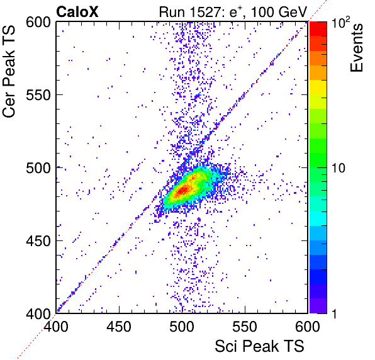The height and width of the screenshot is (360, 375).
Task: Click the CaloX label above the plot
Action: click(77, 12)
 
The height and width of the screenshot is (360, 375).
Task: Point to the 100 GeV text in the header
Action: click(279, 12)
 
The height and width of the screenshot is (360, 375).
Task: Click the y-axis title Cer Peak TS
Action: click(9, 71)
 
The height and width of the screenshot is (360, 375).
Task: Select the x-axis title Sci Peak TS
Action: click(259, 346)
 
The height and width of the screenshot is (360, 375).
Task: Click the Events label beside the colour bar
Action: click(356, 48)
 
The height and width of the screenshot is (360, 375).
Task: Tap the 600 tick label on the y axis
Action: click(38, 23)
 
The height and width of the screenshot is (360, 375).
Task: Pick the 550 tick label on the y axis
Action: click(38, 95)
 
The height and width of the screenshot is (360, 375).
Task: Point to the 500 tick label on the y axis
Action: click(38, 168)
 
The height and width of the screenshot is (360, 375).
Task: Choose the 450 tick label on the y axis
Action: click(38, 241)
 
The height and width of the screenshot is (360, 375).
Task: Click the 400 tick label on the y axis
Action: click(38, 313)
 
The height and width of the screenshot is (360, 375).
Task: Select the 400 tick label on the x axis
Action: click(56, 327)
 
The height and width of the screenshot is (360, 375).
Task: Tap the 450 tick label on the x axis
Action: click(119, 327)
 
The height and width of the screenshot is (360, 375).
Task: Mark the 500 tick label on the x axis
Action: click(182, 327)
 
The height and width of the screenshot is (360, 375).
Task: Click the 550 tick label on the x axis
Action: click(245, 327)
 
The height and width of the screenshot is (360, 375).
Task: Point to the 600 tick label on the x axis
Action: click(308, 327)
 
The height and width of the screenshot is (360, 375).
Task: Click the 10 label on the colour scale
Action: click(338, 168)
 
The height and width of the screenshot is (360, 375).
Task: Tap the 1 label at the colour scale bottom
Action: click(334, 313)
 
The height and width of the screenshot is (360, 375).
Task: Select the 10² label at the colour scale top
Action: click(340, 23)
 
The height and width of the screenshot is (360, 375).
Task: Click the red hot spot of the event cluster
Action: click(184, 190)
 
